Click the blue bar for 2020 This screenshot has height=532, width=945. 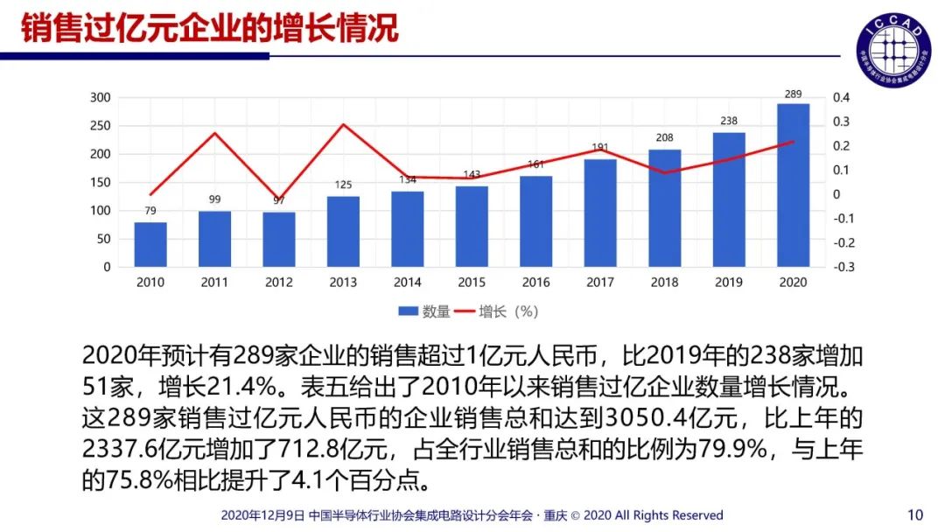(793, 185)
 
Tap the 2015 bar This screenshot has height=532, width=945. (472, 227)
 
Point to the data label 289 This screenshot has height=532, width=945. (793, 94)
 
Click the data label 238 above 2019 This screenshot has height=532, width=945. (729, 122)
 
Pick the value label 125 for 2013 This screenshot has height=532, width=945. (343, 185)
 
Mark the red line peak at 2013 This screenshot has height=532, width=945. (343, 124)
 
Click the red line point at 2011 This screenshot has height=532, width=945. (214, 133)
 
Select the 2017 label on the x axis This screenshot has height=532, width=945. (600, 283)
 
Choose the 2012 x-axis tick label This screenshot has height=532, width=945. (278, 283)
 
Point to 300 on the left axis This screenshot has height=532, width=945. (101, 97)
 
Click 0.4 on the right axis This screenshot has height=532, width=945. (842, 97)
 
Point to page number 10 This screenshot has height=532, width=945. (915, 514)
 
